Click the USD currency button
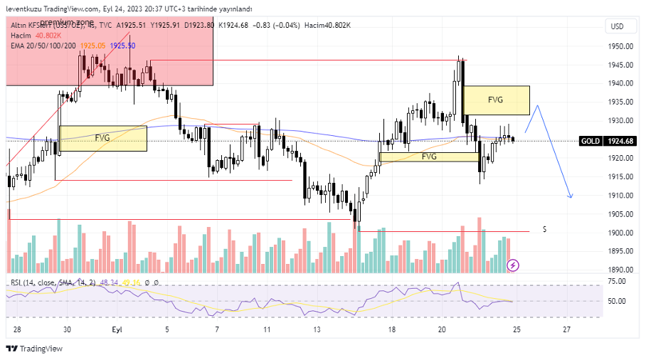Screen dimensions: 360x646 pyautogui.click(x=617, y=26)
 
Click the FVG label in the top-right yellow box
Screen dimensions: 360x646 pyautogui.click(x=496, y=100)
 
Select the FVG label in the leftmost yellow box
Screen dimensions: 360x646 pyautogui.click(x=102, y=138)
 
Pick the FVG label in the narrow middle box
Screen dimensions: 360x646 pyautogui.click(x=429, y=157)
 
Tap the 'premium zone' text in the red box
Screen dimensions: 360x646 pyautogui.click(x=67, y=23)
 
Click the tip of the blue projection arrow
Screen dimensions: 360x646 pyautogui.click(x=572, y=197)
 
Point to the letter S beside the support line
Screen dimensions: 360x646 pyautogui.click(x=544, y=229)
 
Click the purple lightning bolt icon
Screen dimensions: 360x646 pyautogui.click(x=513, y=265)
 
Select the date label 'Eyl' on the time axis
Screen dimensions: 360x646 pyautogui.click(x=117, y=329)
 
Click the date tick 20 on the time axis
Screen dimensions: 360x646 pyautogui.click(x=442, y=329)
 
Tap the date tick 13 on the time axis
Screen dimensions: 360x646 pyautogui.click(x=317, y=329)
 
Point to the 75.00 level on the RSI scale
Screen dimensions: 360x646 pyautogui.click(x=617, y=282)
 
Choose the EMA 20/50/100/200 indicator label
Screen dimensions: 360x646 pyautogui.click(x=43, y=45)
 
